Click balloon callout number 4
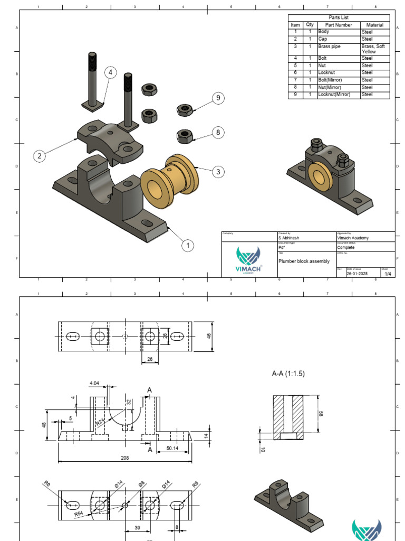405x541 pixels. click(x=110, y=73)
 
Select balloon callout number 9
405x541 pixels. click(x=217, y=98)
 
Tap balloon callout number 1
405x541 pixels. click(x=187, y=245)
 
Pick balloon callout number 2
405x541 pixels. click(x=39, y=155)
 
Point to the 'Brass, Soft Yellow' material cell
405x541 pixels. click(x=374, y=49)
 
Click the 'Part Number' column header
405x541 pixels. click(x=338, y=25)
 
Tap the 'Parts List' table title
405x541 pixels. click(x=339, y=17)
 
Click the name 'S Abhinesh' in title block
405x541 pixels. click(x=289, y=238)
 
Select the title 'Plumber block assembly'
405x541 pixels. click(x=304, y=261)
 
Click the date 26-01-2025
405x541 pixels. click(x=358, y=274)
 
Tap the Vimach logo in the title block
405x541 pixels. click(x=248, y=259)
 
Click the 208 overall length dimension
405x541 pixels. click(x=124, y=458)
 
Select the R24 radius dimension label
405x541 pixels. click(x=100, y=422)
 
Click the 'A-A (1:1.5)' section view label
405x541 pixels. click(x=288, y=374)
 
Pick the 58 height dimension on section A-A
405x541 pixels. click(x=321, y=414)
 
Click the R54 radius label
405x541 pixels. click(x=79, y=513)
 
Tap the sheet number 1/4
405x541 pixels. click(x=388, y=274)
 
